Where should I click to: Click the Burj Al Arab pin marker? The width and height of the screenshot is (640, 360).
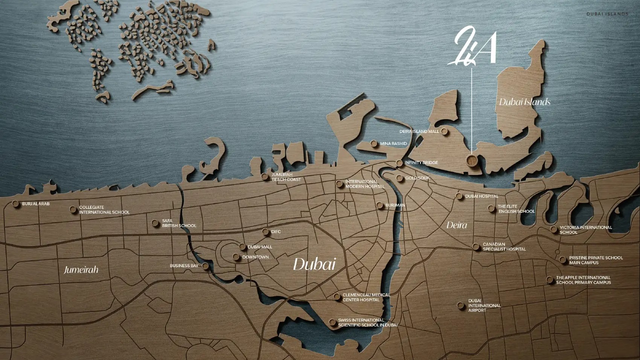(15, 204)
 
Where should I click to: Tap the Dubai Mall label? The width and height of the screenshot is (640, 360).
(260, 247)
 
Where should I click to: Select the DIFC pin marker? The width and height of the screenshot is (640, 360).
(265, 232)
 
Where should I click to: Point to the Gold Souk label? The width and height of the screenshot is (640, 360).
(417, 178)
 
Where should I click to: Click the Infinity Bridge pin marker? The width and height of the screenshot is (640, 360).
(399, 163)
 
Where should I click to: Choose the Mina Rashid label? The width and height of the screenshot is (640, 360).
(393, 143)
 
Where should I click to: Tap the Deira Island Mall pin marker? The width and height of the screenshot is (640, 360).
(444, 131)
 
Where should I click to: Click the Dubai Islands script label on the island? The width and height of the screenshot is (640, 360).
(524, 102)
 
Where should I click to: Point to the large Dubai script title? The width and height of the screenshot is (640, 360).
(314, 264)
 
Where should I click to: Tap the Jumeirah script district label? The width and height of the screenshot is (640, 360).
(81, 270)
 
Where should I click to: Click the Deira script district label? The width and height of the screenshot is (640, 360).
(457, 225)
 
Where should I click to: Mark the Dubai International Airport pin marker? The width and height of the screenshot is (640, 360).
(460, 305)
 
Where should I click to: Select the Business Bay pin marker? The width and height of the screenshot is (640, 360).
(206, 266)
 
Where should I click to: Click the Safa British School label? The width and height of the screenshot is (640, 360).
(179, 223)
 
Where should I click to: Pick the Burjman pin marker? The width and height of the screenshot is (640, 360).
(379, 205)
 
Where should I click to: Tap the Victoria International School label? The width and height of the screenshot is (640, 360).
(585, 230)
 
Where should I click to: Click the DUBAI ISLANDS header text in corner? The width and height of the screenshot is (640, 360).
(607, 14)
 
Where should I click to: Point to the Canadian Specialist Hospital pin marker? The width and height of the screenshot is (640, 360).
(476, 247)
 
